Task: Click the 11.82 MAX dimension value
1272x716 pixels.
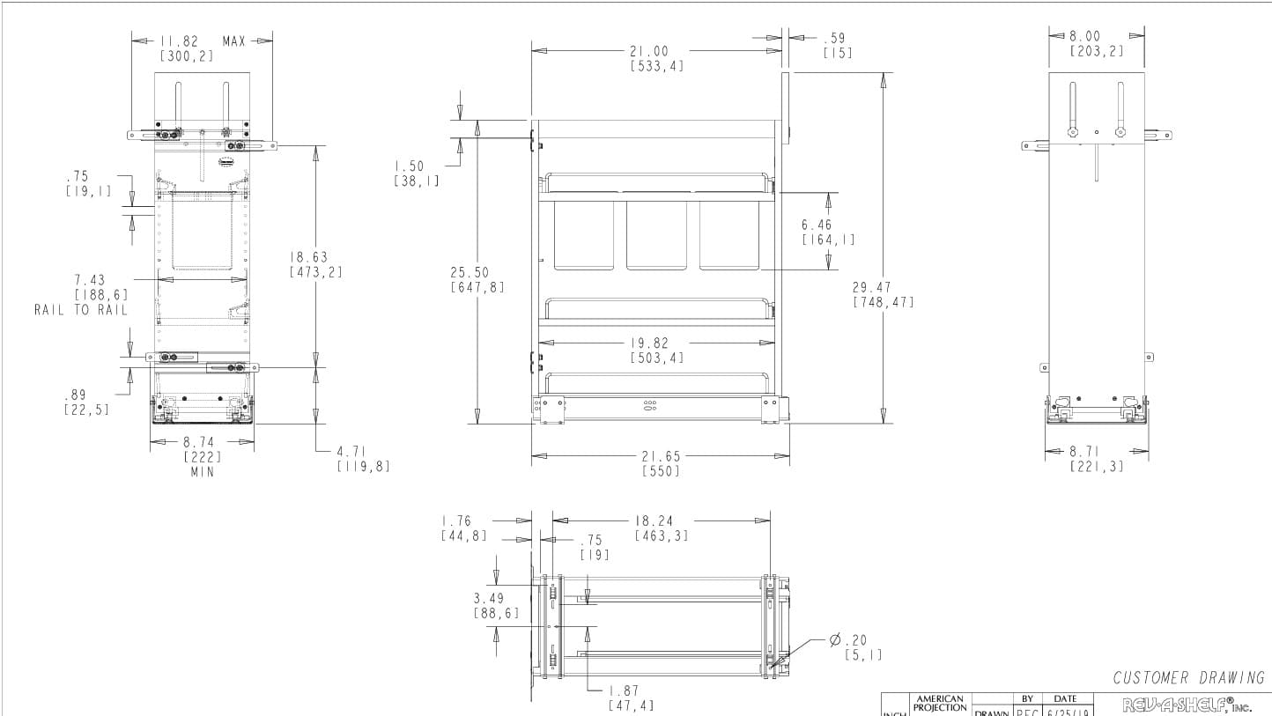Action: point(180,41)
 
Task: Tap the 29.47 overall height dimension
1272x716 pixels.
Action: point(871,287)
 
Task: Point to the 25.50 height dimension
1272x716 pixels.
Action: point(470,273)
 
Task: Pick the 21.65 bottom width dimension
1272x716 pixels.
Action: point(661,456)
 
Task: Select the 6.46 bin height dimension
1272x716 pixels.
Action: point(817,225)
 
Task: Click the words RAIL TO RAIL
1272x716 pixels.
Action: point(81,310)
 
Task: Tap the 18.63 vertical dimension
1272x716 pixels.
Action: point(308,257)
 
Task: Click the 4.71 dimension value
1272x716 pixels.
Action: point(352,452)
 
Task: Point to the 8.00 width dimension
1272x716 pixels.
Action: point(1084,37)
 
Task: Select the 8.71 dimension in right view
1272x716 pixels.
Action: point(1084,452)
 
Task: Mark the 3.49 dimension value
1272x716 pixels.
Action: point(489,598)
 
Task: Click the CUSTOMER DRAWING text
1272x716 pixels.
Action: point(1188,677)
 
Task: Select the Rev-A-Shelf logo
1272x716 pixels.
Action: point(1186,705)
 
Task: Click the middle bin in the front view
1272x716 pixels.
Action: point(656,235)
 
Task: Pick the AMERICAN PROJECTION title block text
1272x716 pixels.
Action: point(940,703)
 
